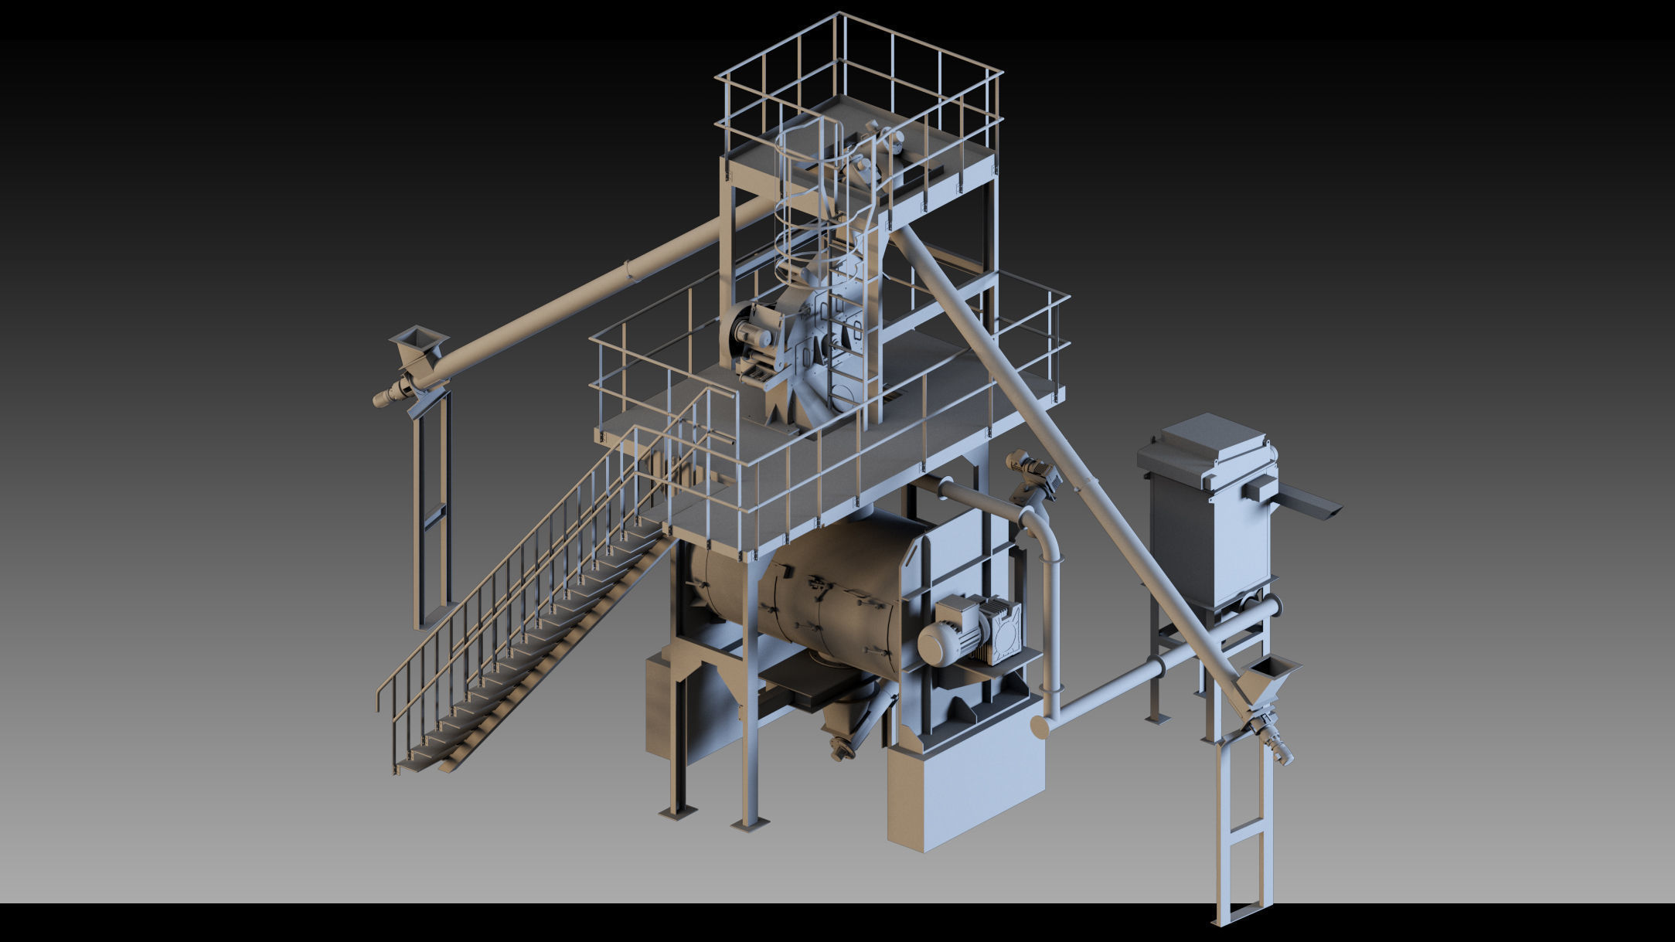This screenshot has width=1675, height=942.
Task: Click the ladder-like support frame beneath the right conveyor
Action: tap(1243, 835)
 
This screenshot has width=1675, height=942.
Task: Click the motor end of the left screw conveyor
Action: tap(386, 396)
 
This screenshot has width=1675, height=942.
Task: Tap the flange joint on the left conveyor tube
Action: tap(630, 270)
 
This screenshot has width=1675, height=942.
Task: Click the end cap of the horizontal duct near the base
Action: tap(1040, 727)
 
